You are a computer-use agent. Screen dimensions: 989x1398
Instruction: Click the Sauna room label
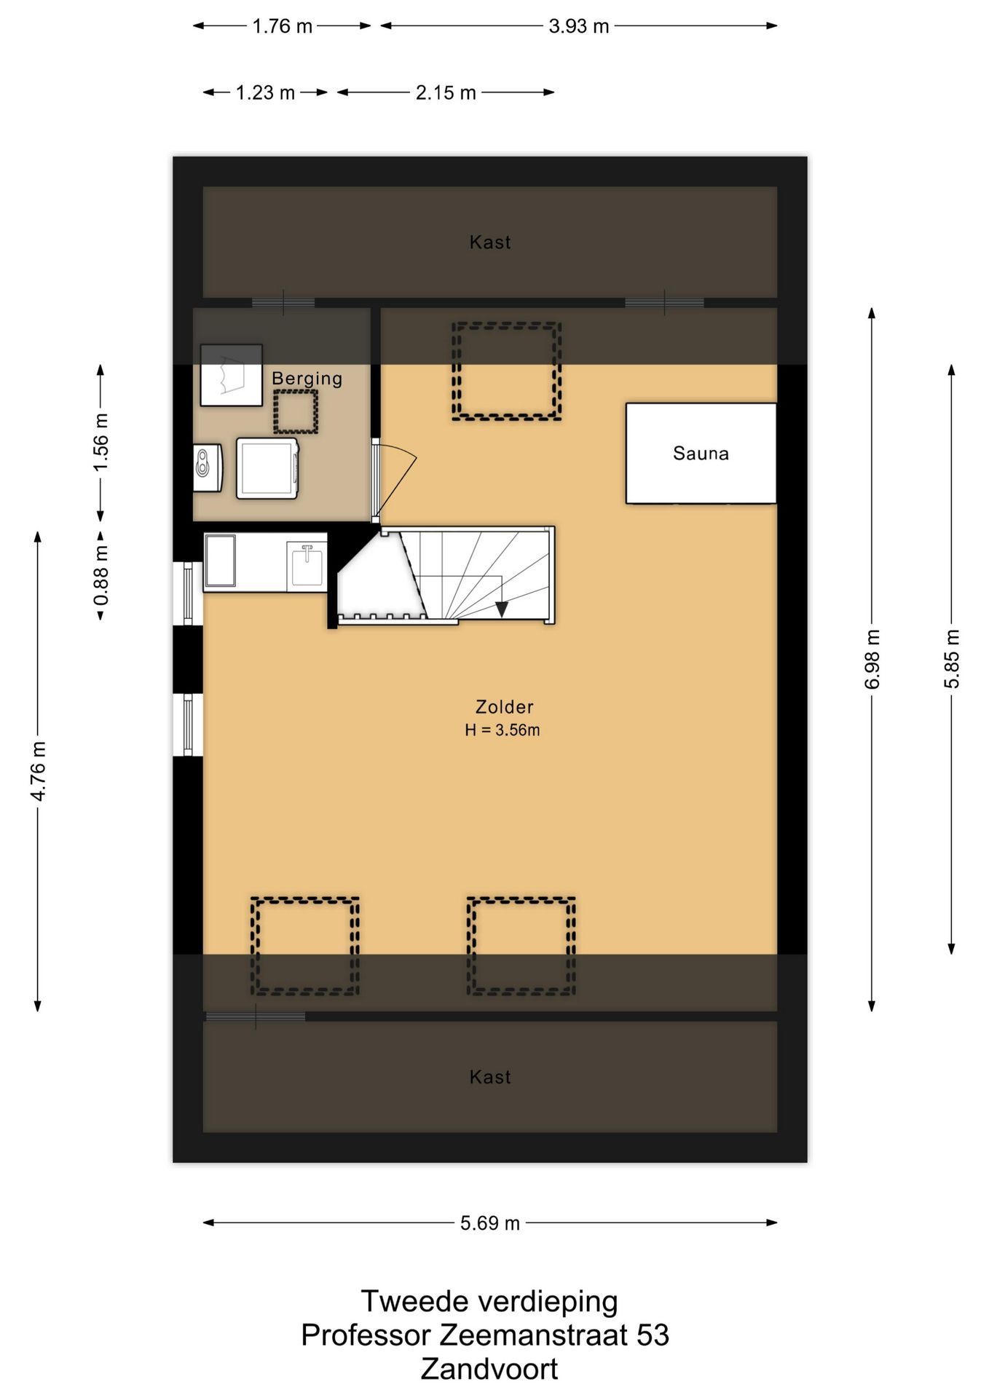[701, 454]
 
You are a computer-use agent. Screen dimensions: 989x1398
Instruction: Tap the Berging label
[307, 379]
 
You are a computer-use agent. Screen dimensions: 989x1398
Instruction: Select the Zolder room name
[504, 707]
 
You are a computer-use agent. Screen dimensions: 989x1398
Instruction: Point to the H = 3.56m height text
[503, 730]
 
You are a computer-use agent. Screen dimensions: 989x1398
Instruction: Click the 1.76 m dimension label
[282, 26]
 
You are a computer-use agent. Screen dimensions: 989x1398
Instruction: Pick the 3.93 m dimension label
[579, 26]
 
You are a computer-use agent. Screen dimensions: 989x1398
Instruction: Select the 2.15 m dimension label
[446, 92]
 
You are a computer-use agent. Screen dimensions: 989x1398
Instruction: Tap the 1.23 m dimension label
[265, 92]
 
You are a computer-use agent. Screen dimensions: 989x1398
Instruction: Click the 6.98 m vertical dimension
[872, 659]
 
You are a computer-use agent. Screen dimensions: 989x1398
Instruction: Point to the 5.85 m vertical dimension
[952, 659]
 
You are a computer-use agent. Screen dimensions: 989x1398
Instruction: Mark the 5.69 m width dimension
[490, 1223]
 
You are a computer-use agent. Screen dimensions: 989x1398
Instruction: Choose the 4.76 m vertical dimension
[38, 772]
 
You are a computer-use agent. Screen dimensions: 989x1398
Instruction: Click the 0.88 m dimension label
[101, 576]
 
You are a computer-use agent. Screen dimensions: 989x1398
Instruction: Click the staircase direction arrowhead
[502, 609]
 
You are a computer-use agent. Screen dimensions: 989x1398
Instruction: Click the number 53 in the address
[653, 1335]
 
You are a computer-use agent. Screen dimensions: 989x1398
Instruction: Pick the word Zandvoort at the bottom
[489, 1370]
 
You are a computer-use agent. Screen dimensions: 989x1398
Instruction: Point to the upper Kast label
[490, 242]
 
